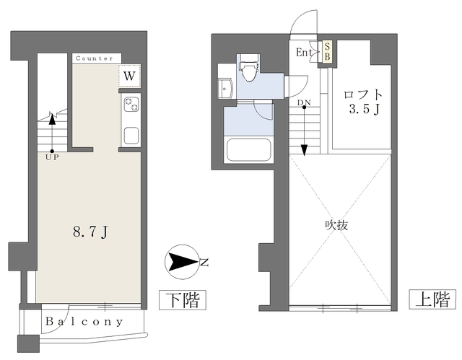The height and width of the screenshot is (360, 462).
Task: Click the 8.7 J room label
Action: (91, 232)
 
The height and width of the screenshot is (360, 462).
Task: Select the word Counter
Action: (94, 58)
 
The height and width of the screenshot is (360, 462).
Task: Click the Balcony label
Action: (84, 322)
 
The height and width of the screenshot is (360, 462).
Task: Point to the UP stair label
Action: (51, 157)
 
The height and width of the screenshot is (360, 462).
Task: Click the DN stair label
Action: (304, 102)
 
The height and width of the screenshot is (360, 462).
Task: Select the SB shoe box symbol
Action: (327, 52)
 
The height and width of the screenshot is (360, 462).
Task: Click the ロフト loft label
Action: (362, 95)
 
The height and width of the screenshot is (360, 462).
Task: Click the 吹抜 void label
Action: (336, 224)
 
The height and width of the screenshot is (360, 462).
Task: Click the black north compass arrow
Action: (180, 262)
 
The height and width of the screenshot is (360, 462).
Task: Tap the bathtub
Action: (248, 152)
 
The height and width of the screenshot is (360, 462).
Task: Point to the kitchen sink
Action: (131, 134)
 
